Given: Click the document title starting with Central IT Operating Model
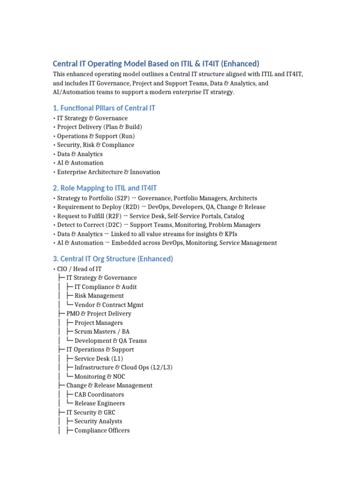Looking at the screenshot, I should click(x=156, y=64).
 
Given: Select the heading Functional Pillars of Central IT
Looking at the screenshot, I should click(x=104, y=108).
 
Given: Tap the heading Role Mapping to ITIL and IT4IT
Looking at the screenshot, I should click(x=105, y=188).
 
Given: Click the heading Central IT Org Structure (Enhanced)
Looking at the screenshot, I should click(x=112, y=259).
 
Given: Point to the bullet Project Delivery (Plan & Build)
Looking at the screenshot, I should click(x=99, y=127).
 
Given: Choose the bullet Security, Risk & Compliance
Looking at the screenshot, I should click(x=96, y=145).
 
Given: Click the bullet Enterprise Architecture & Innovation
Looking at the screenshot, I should click(x=108, y=172).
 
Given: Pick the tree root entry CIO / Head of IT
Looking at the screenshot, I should click(x=79, y=269).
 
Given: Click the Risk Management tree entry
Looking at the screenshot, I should click(x=99, y=296).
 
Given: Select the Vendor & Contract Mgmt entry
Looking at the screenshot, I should click(x=109, y=305).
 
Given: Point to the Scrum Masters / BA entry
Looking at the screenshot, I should click(x=102, y=331).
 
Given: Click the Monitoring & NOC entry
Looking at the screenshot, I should click(x=99, y=376).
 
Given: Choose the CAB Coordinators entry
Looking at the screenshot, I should click(x=99, y=395).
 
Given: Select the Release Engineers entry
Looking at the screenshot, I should click(x=99, y=403).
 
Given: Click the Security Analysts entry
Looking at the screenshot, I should click(x=98, y=421).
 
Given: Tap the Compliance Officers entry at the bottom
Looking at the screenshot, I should click(x=102, y=430).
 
